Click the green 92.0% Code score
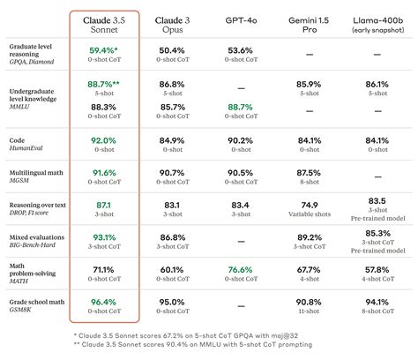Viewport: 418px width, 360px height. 103,139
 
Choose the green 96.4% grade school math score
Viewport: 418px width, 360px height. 103,303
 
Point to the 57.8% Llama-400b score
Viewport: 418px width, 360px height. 377,270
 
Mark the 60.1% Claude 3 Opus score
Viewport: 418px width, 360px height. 171,270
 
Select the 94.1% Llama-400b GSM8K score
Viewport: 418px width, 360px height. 377,303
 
